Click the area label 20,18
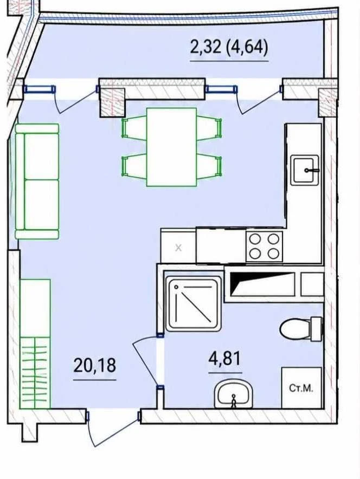95,365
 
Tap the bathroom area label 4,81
225,358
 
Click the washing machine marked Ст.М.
301,388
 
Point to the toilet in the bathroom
301,329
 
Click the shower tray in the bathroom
193,303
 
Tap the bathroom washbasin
234,394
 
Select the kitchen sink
304,170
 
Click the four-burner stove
265,246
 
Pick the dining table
171,147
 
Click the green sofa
37,181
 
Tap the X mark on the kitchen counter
178,248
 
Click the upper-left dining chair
134,128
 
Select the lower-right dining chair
209,166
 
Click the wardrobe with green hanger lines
35,344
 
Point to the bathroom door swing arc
145,360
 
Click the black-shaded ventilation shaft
262,284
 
